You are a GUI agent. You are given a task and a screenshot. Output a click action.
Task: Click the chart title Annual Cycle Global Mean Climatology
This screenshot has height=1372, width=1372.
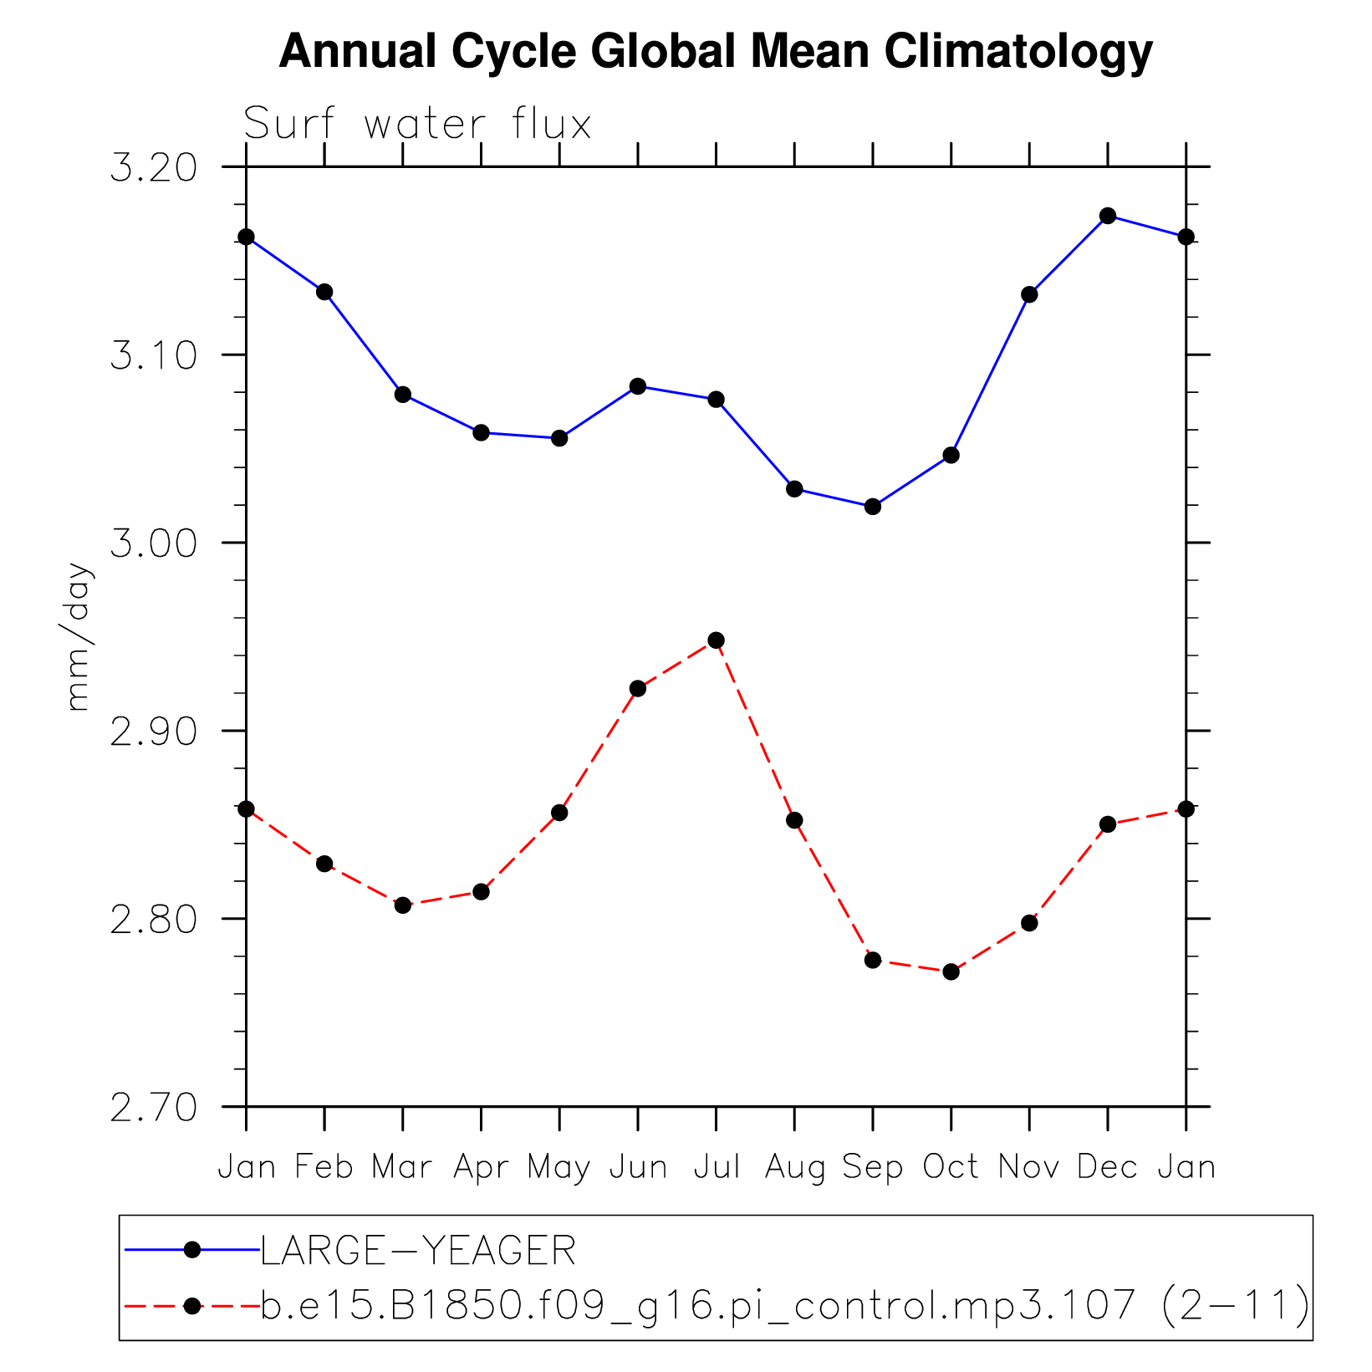click(x=716, y=52)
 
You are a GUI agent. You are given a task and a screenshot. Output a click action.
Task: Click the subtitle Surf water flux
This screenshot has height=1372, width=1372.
click(x=417, y=125)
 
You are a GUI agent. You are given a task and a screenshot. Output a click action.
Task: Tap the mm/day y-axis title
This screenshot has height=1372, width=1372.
click(x=77, y=636)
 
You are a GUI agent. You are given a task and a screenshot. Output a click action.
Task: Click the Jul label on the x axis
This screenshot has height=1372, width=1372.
click(x=717, y=1166)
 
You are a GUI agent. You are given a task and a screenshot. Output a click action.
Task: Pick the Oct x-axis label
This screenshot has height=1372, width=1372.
click(x=951, y=1166)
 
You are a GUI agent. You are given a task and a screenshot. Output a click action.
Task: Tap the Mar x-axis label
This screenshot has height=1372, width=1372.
click(x=402, y=1166)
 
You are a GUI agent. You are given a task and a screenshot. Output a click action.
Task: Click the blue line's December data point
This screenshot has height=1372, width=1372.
click(x=1108, y=216)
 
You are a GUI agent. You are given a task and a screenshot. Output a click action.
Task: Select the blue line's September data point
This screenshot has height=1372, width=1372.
click(x=873, y=507)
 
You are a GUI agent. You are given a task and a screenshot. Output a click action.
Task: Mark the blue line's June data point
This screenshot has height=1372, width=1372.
click(x=638, y=386)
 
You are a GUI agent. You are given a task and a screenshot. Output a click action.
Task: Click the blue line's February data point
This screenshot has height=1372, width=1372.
click(x=324, y=292)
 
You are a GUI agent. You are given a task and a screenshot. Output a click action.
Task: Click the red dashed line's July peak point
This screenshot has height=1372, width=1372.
click(x=716, y=640)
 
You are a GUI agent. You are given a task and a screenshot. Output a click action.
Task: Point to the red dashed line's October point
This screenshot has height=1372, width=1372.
click(x=951, y=972)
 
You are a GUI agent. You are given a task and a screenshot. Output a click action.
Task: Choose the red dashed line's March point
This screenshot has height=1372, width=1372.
click(x=403, y=905)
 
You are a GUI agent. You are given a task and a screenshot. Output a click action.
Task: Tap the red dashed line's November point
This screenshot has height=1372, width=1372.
click(x=1029, y=923)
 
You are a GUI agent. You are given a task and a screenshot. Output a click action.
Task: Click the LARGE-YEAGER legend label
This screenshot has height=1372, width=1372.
click(x=418, y=1252)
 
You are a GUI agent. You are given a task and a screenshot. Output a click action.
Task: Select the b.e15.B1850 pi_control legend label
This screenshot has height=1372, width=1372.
click(x=784, y=1305)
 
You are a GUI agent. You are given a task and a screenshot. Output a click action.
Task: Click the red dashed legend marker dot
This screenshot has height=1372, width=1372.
click(x=192, y=1305)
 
